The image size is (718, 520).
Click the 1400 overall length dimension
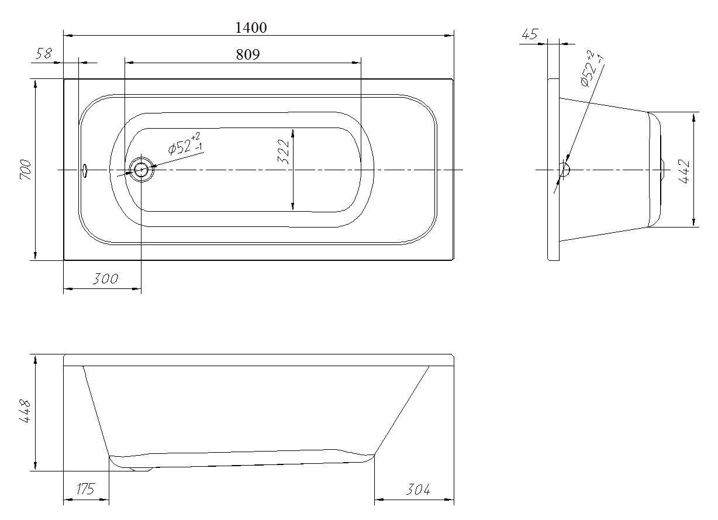point(251,28)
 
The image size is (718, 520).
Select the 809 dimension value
point(248,55)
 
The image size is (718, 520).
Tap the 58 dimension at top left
point(44,53)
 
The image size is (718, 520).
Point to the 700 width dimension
point(26,170)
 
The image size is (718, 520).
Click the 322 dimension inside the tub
point(284,152)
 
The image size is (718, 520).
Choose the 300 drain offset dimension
point(105,278)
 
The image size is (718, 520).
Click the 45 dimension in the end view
point(530,34)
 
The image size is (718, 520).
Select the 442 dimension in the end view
point(684,171)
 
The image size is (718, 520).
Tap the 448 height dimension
point(25,411)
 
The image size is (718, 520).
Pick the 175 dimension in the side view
point(85,489)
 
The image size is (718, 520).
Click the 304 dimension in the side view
point(418,490)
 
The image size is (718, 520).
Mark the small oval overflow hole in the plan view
point(85,171)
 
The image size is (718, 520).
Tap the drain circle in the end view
point(564,170)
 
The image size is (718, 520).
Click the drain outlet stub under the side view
point(141,469)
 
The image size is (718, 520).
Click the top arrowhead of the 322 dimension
point(293,132)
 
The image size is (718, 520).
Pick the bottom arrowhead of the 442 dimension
point(694,222)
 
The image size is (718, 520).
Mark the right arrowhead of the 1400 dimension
point(450,36)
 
